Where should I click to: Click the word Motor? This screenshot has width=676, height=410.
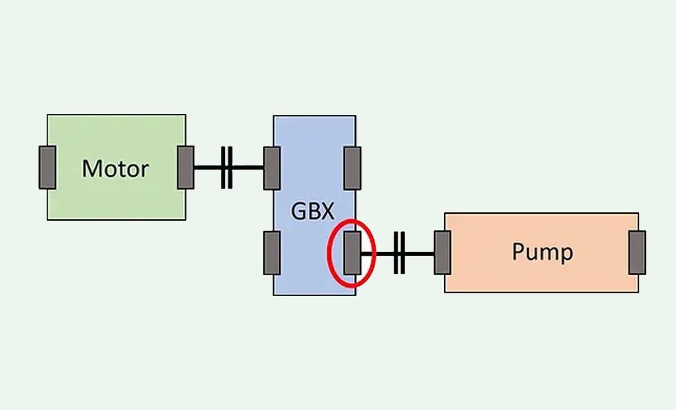(x=115, y=169)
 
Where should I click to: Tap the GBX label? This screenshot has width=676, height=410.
(x=313, y=211)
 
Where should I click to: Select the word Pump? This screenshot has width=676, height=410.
(x=542, y=252)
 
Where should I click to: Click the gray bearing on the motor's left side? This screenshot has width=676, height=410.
(x=47, y=167)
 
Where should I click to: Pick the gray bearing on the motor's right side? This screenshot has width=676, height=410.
(x=185, y=167)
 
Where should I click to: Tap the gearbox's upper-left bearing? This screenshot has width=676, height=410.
(x=272, y=168)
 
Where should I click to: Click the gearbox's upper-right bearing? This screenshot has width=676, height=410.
(x=353, y=168)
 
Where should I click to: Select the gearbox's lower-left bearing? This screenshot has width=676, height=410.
(x=272, y=253)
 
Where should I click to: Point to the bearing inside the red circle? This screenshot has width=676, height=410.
(x=353, y=253)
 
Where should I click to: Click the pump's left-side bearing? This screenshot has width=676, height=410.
(x=442, y=253)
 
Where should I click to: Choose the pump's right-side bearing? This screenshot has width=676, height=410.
(x=637, y=253)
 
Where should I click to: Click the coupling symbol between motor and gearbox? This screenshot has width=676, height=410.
(x=226, y=167)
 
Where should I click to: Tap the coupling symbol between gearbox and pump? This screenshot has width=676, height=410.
(x=399, y=253)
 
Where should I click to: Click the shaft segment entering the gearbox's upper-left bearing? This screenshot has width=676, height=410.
(x=248, y=167)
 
